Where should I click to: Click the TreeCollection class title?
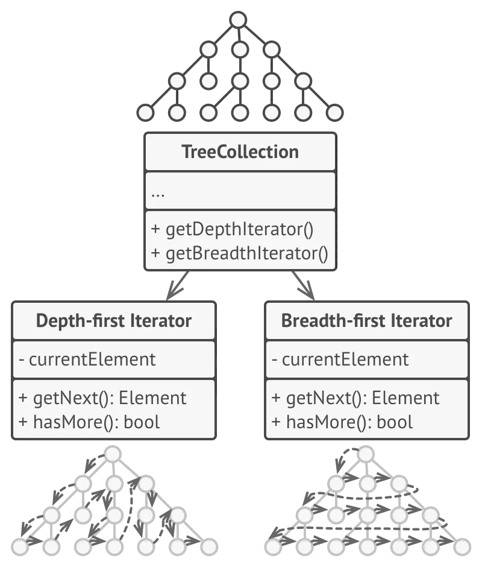point(240,152)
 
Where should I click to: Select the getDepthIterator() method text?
point(233,229)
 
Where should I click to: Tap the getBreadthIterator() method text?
point(240,253)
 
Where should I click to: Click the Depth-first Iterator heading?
point(114,321)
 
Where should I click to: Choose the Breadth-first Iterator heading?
point(367,321)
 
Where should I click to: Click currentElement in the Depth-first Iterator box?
point(87,360)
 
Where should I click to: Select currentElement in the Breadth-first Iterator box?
point(340,360)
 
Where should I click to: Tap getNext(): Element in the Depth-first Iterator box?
point(102,398)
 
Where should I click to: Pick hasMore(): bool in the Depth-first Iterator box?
point(89,422)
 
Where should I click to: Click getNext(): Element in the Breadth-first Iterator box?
point(355,398)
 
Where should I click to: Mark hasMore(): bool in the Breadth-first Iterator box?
point(342,422)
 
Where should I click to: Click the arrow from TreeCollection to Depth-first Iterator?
point(177,286)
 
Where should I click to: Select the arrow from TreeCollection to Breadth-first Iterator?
point(303,286)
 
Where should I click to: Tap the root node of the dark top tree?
point(239,20)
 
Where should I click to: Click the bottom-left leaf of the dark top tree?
point(146,113)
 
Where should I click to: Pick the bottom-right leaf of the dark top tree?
point(334,113)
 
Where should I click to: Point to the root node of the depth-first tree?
point(113,454)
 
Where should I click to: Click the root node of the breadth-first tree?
point(366,454)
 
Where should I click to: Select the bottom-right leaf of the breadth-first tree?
point(462,546)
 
